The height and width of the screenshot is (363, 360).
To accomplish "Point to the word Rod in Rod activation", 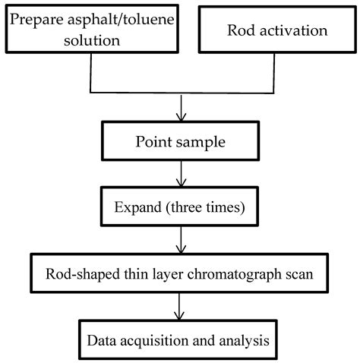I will pyautogui.click(x=241, y=31).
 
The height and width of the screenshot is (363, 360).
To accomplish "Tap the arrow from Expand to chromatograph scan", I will pyautogui.click(x=181, y=242).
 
